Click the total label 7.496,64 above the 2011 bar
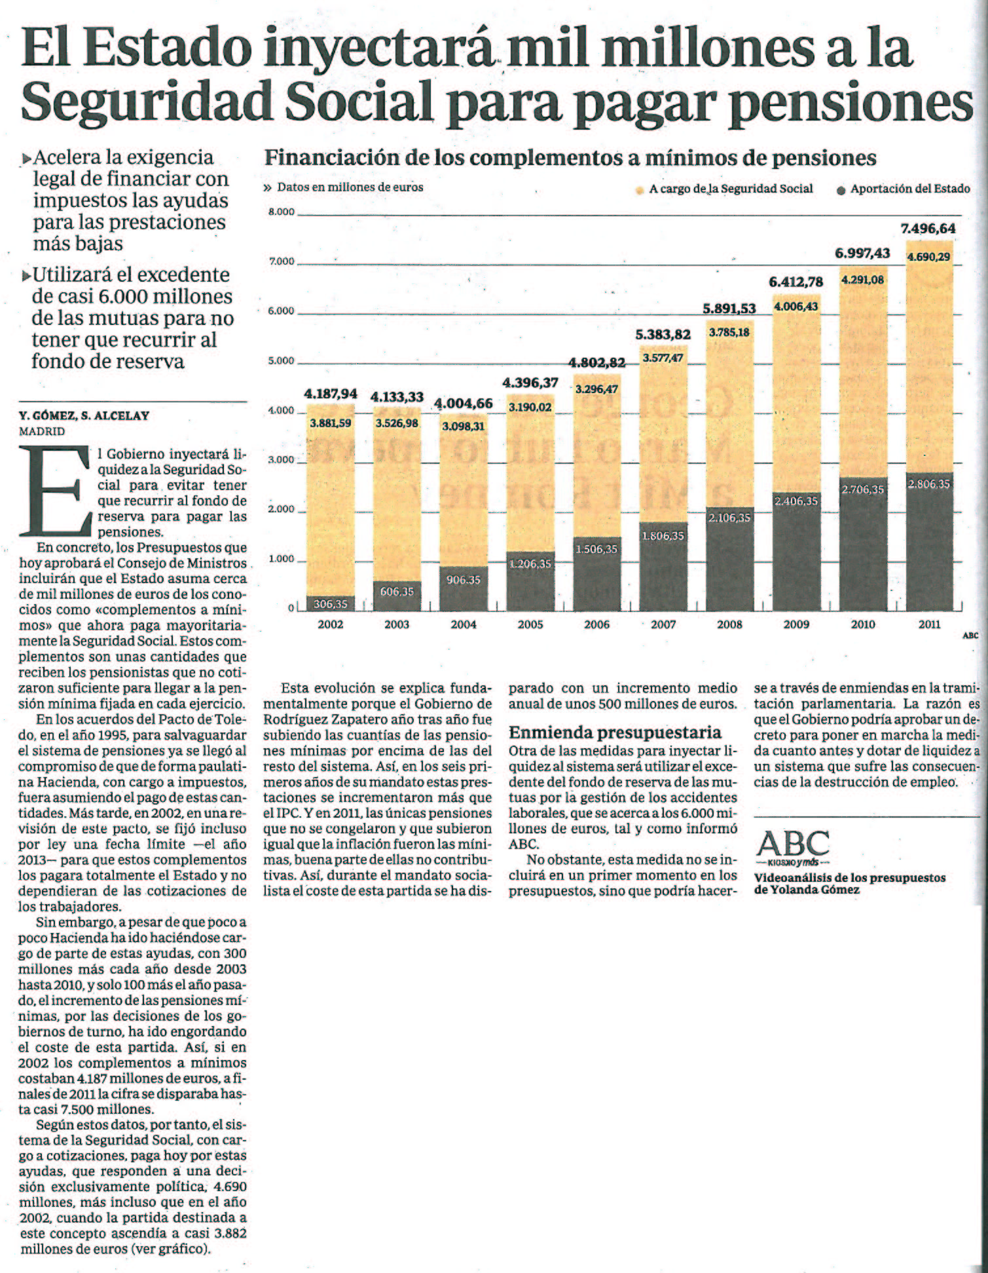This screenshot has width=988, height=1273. (x=928, y=229)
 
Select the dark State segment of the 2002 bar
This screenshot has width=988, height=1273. (x=330, y=603)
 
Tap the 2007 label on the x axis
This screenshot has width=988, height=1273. (x=663, y=624)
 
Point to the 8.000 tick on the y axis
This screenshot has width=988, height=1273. (x=282, y=212)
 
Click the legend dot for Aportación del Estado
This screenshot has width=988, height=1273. (x=841, y=190)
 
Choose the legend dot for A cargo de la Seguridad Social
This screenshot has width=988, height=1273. (x=640, y=190)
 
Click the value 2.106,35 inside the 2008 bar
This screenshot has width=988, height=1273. (x=729, y=518)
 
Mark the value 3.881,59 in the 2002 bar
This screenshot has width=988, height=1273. (x=330, y=423)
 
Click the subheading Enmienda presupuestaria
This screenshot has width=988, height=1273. (x=615, y=732)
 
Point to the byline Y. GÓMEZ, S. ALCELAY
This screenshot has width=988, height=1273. (x=84, y=415)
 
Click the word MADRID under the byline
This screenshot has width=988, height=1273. (x=42, y=431)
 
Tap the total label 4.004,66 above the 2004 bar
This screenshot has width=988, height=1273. (x=463, y=404)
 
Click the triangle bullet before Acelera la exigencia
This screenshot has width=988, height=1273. (x=26, y=159)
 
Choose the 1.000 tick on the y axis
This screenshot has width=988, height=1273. (x=282, y=560)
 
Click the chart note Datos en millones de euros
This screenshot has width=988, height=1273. (x=350, y=187)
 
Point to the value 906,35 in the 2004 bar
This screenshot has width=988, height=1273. (x=463, y=580)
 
